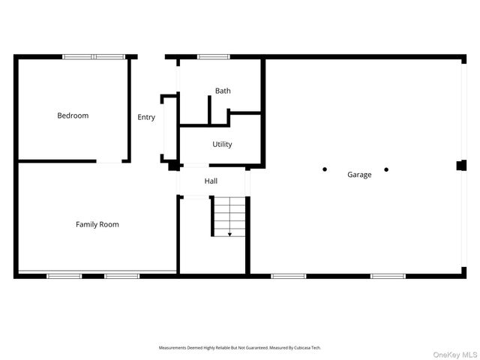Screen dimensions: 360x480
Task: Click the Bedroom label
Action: pos(73,115)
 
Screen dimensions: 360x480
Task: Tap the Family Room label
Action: pos(97,224)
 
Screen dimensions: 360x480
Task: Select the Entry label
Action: pos(146,117)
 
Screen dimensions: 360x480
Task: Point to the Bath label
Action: pos(223,91)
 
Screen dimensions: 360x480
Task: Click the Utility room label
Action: pos(222,144)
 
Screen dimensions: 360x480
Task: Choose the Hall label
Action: pos(211,181)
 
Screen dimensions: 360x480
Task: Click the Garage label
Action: pos(359,175)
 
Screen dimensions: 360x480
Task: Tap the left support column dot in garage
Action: pos(325,169)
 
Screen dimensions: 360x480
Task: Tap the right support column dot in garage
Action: pos(386,169)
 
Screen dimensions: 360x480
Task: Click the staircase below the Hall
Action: pos(229,217)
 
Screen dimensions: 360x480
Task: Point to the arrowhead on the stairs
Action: pos(229,235)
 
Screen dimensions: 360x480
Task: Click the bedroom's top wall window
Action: pos(94,56)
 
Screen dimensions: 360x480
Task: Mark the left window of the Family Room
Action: pos(64,276)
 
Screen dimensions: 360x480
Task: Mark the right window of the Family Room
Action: pos(121,276)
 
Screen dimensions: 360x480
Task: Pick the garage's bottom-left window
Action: pos(289,276)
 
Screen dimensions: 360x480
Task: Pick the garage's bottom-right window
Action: pos(388,276)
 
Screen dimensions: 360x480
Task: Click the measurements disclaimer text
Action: pos(239,348)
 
